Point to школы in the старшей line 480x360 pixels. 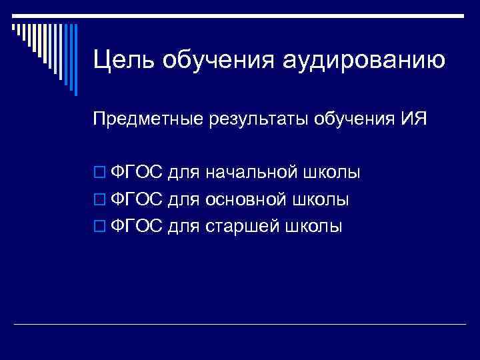[313, 227]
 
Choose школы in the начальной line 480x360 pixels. [331, 173]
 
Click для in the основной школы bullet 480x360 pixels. [183, 200]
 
